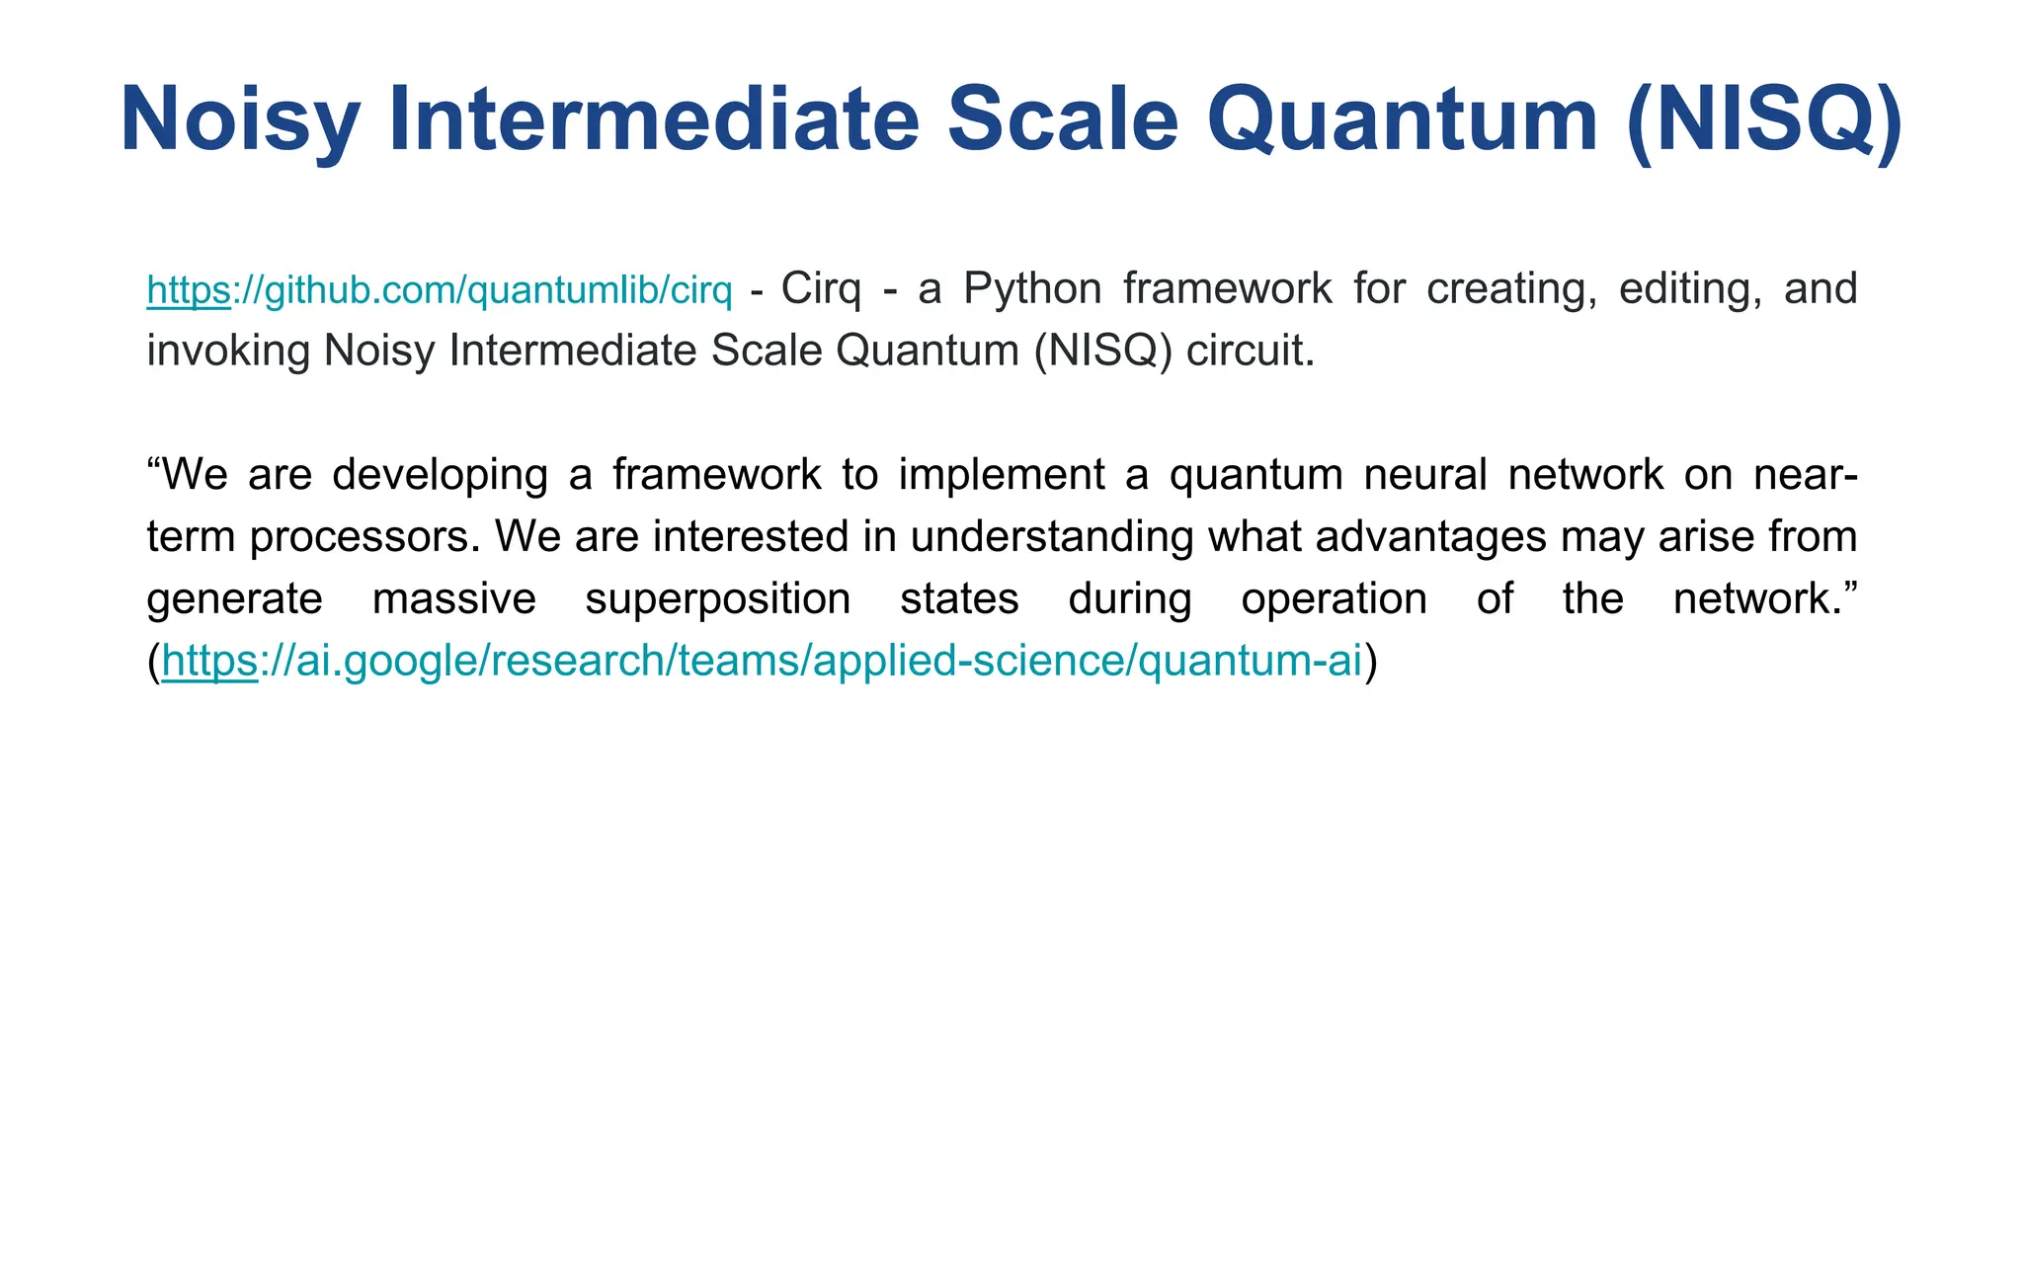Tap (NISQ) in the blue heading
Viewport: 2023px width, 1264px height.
point(1764,120)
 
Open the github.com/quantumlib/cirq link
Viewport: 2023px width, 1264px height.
point(440,290)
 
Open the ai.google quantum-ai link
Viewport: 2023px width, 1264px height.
point(762,661)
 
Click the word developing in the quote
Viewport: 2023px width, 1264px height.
point(440,475)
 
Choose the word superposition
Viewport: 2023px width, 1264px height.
point(717,599)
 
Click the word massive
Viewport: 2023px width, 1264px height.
point(453,599)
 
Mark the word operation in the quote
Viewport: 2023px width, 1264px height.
point(1334,599)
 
